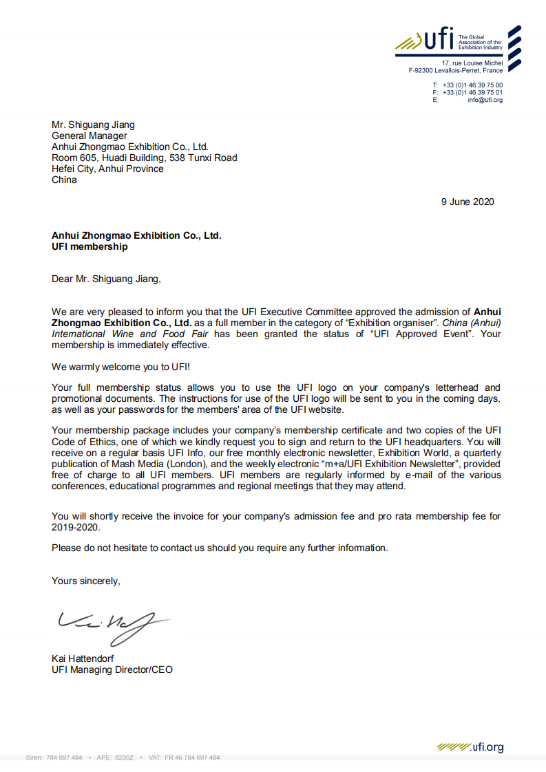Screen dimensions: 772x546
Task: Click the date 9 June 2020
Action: (x=468, y=202)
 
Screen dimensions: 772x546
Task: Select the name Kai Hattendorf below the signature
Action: (x=83, y=658)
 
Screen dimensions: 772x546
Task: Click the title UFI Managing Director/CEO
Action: (x=112, y=669)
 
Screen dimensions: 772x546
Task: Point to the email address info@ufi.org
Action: (x=485, y=100)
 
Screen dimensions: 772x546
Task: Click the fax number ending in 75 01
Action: (x=472, y=92)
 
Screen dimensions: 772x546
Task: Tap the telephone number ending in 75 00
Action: (x=472, y=85)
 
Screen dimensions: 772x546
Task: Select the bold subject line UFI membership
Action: (x=90, y=246)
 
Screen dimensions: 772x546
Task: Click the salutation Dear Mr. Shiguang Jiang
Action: (x=106, y=279)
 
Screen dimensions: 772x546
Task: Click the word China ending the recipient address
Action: (x=65, y=180)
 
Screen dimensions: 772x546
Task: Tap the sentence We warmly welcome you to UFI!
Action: (x=120, y=367)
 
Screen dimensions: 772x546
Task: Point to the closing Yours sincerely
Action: (x=86, y=581)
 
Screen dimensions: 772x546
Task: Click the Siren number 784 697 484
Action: (x=65, y=758)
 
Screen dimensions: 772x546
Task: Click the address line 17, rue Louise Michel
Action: (x=472, y=63)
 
